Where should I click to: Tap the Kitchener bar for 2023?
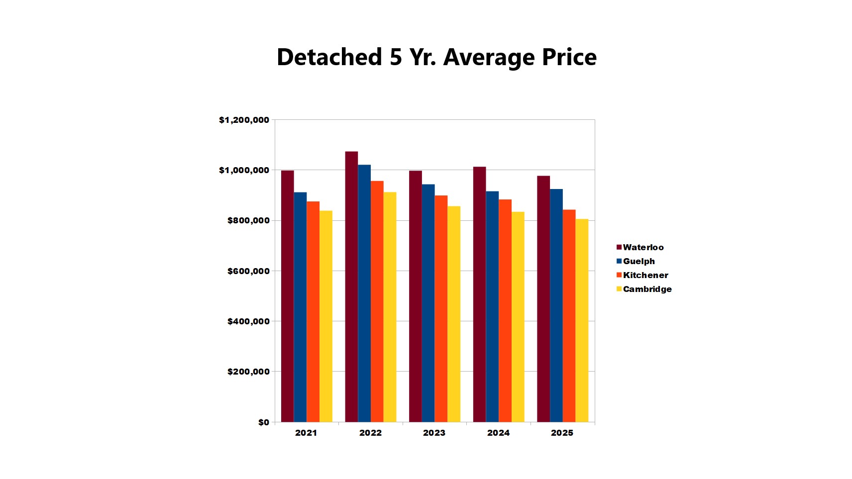(441, 308)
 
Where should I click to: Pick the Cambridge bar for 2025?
(582, 320)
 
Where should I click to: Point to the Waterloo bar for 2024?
(479, 294)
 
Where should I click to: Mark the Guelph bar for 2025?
(556, 305)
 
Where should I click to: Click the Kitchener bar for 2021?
(313, 311)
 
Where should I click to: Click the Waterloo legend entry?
(642, 247)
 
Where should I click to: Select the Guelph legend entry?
(639, 261)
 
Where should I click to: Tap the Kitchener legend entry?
(645, 275)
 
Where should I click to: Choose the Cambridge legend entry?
(647, 289)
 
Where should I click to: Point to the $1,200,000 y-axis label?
(244, 120)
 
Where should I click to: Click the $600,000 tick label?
(248, 271)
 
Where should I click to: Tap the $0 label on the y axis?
(263, 422)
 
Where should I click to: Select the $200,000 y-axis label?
(248, 372)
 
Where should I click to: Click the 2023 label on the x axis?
(434, 433)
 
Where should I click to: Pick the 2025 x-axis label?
(562, 433)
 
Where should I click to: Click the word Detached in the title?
(329, 57)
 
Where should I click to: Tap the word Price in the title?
(569, 57)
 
